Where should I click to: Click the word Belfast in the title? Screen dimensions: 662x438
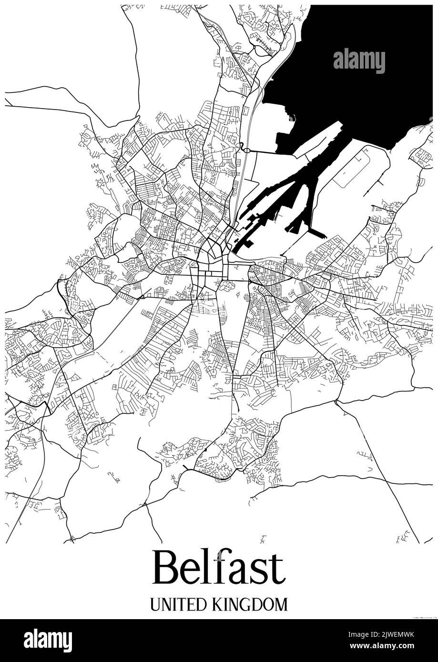(219, 568)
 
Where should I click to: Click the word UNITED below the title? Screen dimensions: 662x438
(177, 604)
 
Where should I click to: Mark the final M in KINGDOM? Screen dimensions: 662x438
(282, 604)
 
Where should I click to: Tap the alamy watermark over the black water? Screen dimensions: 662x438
(359, 61)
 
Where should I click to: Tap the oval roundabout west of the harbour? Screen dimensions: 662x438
(247, 150)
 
